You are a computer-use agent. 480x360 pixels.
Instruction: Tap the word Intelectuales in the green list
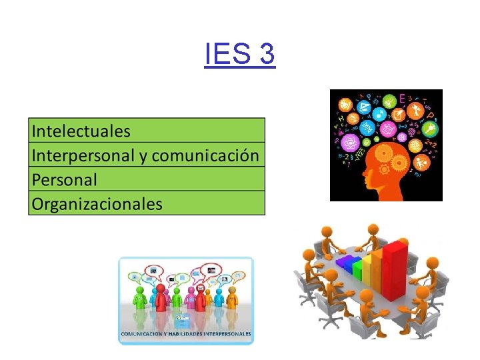click(81, 130)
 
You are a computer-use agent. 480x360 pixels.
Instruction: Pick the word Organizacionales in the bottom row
click(97, 203)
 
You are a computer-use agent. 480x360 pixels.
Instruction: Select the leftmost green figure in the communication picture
click(140, 299)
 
